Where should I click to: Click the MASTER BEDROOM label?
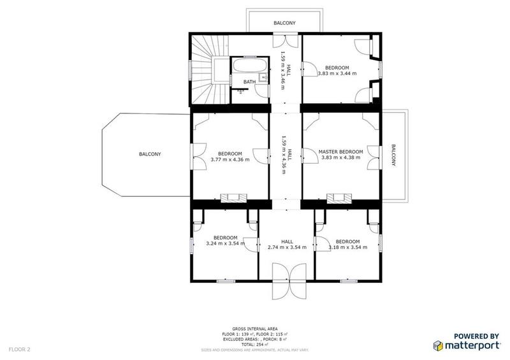[340, 152]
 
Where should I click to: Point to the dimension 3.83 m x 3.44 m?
[337, 73]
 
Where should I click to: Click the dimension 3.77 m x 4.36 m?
[229, 159]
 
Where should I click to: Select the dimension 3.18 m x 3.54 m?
[347, 247]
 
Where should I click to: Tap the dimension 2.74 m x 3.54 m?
[286, 247]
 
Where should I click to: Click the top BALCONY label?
[284, 22]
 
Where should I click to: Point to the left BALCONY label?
[150, 154]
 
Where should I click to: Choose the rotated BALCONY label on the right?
[394, 155]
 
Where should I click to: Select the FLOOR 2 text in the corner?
[19, 350]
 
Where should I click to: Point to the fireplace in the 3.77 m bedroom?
[229, 198]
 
